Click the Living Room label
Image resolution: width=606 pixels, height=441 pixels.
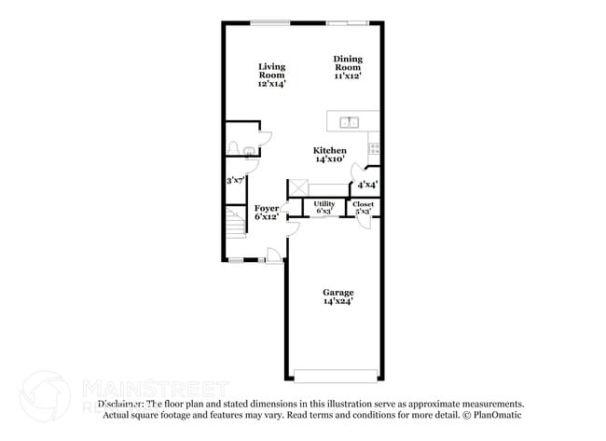point(271,75)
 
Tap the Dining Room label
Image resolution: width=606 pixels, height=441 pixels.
point(347,68)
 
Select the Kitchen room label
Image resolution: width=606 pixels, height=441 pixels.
point(329,155)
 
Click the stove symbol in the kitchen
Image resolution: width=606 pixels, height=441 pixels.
point(374,147)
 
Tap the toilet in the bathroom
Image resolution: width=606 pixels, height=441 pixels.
point(233,148)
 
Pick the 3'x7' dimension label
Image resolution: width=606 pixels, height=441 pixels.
point(237,180)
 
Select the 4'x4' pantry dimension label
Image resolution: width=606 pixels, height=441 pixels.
point(367,184)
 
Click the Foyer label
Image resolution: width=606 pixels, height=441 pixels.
point(267,212)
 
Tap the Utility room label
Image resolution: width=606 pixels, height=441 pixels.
point(324,207)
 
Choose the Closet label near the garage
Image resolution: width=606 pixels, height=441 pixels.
point(363,207)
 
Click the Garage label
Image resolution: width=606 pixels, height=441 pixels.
point(337,296)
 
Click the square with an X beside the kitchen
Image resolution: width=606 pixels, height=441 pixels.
point(297,187)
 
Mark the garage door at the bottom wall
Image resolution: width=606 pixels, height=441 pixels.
point(336,377)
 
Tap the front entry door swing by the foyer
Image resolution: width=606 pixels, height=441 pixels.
point(271,255)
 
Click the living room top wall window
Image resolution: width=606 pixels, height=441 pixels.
point(270,22)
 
